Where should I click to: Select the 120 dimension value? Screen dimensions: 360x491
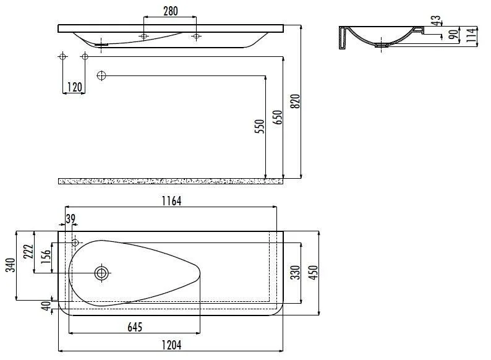74,87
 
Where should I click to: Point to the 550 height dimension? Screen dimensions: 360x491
260,126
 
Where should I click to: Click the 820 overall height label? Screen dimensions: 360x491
295,101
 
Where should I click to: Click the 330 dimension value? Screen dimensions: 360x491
296,272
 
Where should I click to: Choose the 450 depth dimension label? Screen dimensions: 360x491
314,272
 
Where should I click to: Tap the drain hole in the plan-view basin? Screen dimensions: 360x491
101,272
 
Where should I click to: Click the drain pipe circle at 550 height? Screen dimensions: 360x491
102,75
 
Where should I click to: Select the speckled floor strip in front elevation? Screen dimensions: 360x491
170,181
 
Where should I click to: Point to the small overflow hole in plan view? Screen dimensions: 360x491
75,242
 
